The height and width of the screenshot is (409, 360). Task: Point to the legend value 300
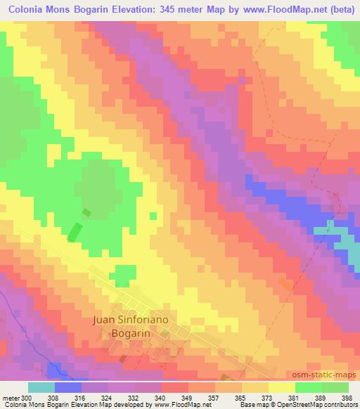point(27,397)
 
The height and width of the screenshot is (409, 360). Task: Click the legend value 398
point(347,397)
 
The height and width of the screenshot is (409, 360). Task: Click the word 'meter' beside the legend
point(10,397)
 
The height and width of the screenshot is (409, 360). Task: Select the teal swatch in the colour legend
point(41,387)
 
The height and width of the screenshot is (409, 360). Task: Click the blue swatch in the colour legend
point(68,387)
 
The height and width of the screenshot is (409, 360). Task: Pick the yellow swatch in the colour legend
point(282,387)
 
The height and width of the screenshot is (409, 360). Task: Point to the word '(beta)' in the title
point(340,9)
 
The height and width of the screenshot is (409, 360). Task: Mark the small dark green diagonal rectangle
point(75,231)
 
